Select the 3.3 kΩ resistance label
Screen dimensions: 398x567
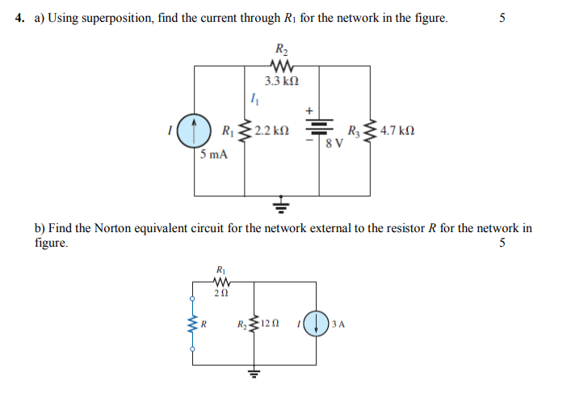[283, 81]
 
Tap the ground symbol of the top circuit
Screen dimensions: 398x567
[282, 203]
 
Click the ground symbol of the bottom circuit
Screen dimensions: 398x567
[254, 373]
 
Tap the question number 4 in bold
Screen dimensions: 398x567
[19, 18]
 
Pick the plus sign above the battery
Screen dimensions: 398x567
[308, 109]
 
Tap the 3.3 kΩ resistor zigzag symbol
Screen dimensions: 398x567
[283, 67]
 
